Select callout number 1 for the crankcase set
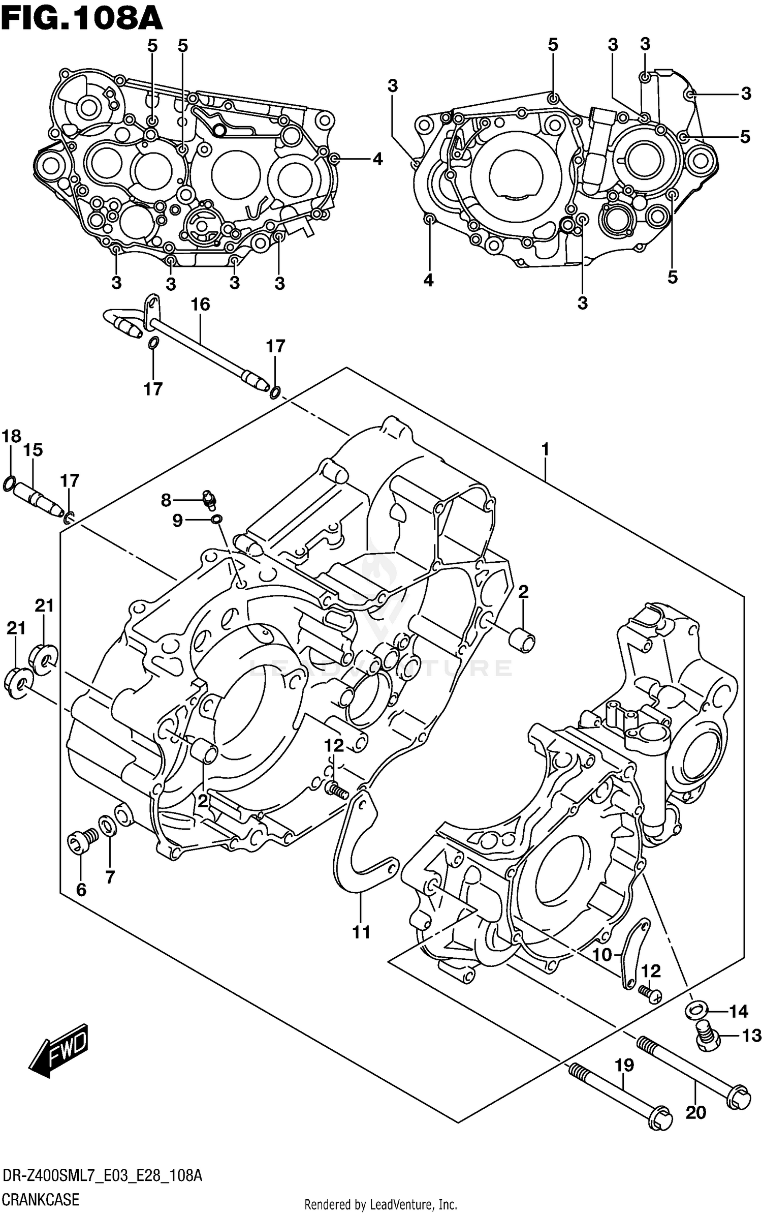coord(545,449)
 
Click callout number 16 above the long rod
coord(200,305)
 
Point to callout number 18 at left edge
coord(11,436)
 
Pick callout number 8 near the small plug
coord(166,501)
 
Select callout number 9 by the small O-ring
coord(177,521)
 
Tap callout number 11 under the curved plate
coord(361,932)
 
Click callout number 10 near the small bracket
coord(602,955)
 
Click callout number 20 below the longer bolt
coord(695,1113)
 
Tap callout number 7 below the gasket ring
coord(110,877)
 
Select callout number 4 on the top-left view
coord(377,160)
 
